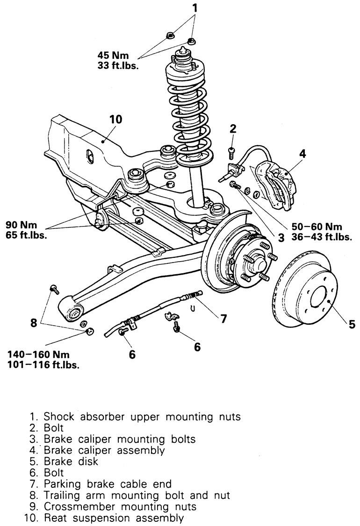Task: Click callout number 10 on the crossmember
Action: pyautogui.click(x=116, y=120)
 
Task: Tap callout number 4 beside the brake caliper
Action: pyautogui.click(x=302, y=154)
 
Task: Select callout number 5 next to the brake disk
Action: pyautogui.click(x=352, y=324)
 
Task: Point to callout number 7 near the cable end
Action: pyautogui.click(x=223, y=318)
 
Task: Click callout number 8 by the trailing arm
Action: pyautogui.click(x=34, y=323)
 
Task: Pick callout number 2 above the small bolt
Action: pyautogui.click(x=233, y=128)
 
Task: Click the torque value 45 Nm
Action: pyautogui.click(x=113, y=55)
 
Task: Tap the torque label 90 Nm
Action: pyautogui.click(x=22, y=224)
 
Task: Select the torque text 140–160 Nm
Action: pyautogui.click(x=39, y=354)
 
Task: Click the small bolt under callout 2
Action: pyautogui.click(x=231, y=153)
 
